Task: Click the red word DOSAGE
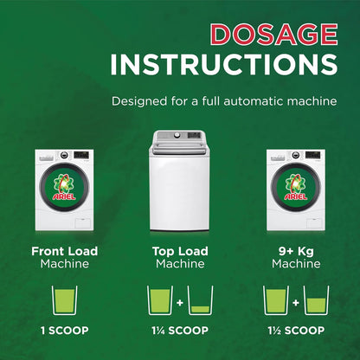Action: (x=274, y=35)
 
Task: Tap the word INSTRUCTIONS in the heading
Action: (x=224, y=65)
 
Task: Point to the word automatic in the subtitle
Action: (x=254, y=101)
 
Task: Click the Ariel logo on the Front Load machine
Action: (x=64, y=187)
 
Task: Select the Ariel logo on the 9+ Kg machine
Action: (x=296, y=187)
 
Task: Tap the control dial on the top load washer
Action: (x=177, y=135)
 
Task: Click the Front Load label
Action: (x=65, y=251)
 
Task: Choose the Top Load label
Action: (x=180, y=251)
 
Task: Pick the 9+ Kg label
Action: (x=296, y=252)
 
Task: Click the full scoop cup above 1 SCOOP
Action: (x=64, y=300)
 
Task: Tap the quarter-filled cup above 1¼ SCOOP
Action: (x=200, y=300)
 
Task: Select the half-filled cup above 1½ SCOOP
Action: (x=316, y=300)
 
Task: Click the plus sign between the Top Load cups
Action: (x=180, y=303)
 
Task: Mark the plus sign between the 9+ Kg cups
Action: (x=296, y=303)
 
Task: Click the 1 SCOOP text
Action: (x=65, y=331)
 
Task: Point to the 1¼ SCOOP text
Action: (x=180, y=331)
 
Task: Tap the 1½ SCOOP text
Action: (x=296, y=331)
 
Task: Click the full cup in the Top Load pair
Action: (x=160, y=300)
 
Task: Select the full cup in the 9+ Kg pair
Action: (x=276, y=300)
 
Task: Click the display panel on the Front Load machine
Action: (x=80, y=155)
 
